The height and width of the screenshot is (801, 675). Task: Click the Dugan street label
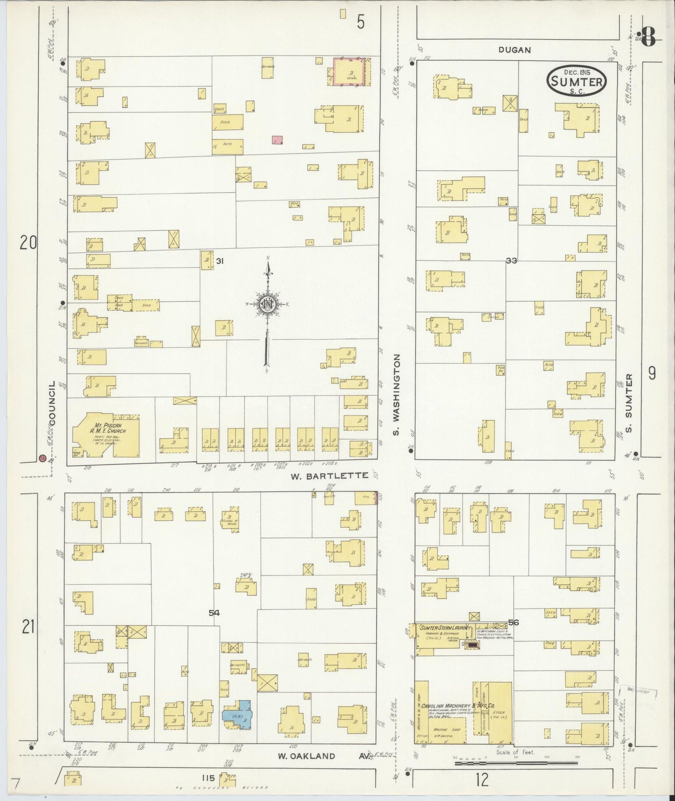514,50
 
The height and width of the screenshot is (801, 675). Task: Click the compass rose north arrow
268,304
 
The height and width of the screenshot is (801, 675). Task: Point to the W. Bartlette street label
329,476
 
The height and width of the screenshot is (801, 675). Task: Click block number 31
220,261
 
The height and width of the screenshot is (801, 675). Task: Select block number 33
512,261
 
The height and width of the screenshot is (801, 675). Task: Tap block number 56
514,622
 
